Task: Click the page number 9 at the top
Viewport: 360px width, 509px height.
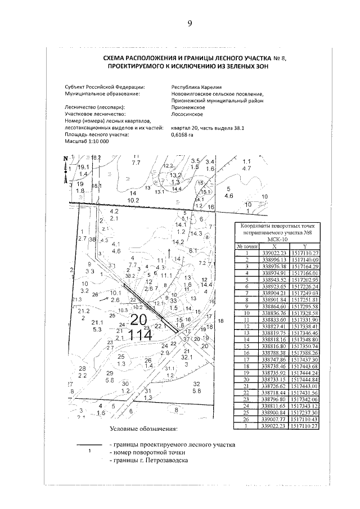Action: pyautogui.click(x=190, y=23)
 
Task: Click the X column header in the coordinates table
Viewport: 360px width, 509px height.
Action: pyautogui.click(x=274, y=246)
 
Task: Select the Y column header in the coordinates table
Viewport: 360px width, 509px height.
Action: pyautogui.click(x=304, y=246)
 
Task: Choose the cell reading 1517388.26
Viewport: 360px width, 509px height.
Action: pyautogui.click(x=304, y=352)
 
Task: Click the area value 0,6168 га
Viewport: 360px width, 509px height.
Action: pyautogui.click(x=182, y=135)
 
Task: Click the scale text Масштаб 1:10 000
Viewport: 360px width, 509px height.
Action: pyautogui.click(x=87, y=141)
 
